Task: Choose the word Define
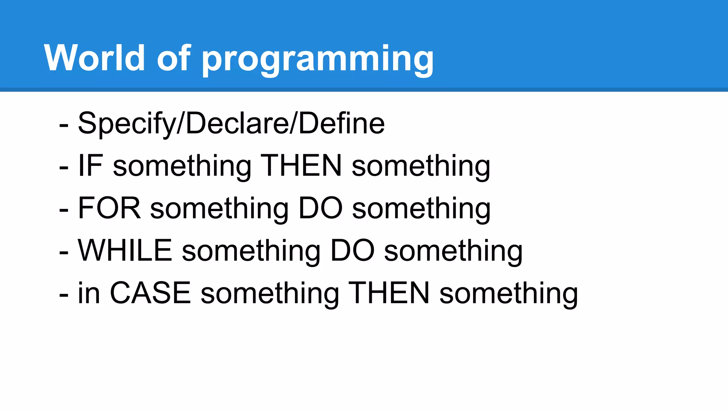342,123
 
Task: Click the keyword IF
91,166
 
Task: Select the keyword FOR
109,208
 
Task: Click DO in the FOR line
320,208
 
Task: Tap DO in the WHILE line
352,251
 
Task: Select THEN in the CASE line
389,293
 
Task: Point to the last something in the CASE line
509,294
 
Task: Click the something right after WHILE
251,252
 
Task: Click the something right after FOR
219,209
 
